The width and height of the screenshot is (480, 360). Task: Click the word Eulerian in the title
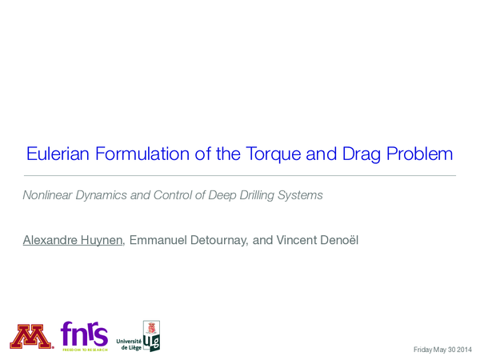tap(54, 154)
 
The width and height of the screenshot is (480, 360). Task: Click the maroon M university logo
tap(32, 335)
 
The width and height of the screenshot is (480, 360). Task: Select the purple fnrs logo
tap(84, 334)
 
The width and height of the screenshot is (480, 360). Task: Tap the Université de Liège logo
tap(139, 335)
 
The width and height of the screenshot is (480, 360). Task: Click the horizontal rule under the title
tap(240, 175)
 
